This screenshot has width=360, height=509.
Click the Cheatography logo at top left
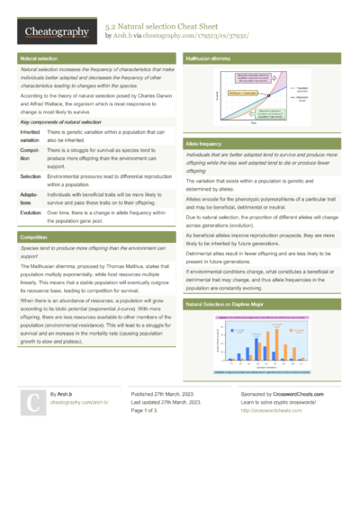click(x=56, y=32)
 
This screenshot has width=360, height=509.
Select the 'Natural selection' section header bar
click(x=97, y=58)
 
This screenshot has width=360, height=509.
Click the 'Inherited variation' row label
click(x=31, y=136)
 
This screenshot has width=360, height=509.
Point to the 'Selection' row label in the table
click(x=30, y=178)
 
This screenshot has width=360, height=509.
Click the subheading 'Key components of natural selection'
click(x=61, y=121)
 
